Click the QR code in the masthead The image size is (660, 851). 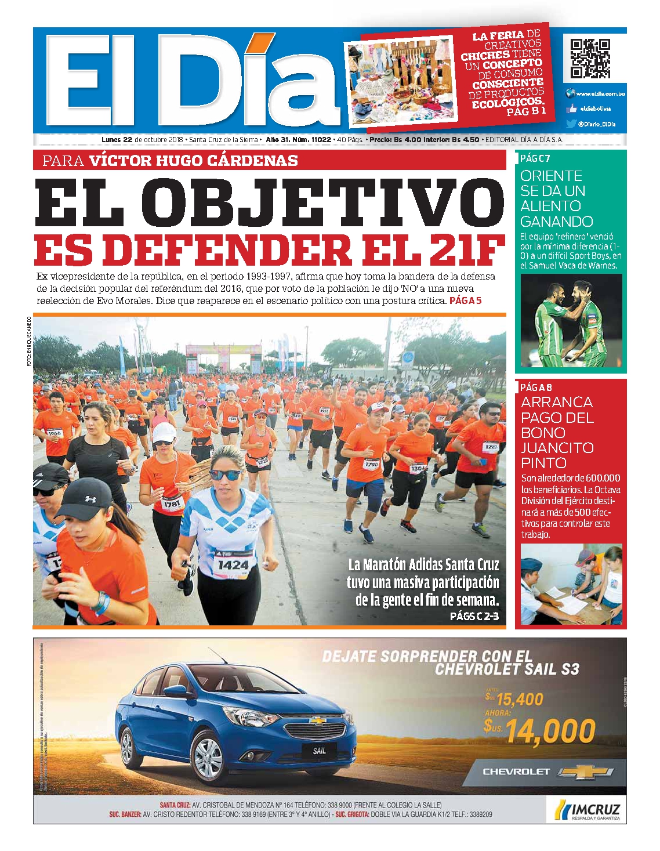[x=590, y=59]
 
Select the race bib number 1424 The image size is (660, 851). [x=233, y=564]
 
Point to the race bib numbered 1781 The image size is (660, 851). [x=172, y=504]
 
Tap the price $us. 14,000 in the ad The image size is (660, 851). [x=539, y=730]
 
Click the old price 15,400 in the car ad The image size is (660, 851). [x=518, y=699]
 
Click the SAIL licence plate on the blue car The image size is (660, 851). [x=320, y=751]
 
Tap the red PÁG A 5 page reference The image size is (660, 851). [x=466, y=300]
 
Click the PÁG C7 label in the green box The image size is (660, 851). [x=535, y=158]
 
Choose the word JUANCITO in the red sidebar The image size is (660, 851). [x=557, y=447]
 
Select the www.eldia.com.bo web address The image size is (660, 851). [x=600, y=93]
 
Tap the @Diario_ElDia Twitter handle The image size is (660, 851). [x=597, y=124]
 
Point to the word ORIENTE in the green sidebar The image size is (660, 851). [x=551, y=176]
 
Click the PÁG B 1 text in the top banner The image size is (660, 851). [x=525, y=112]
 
